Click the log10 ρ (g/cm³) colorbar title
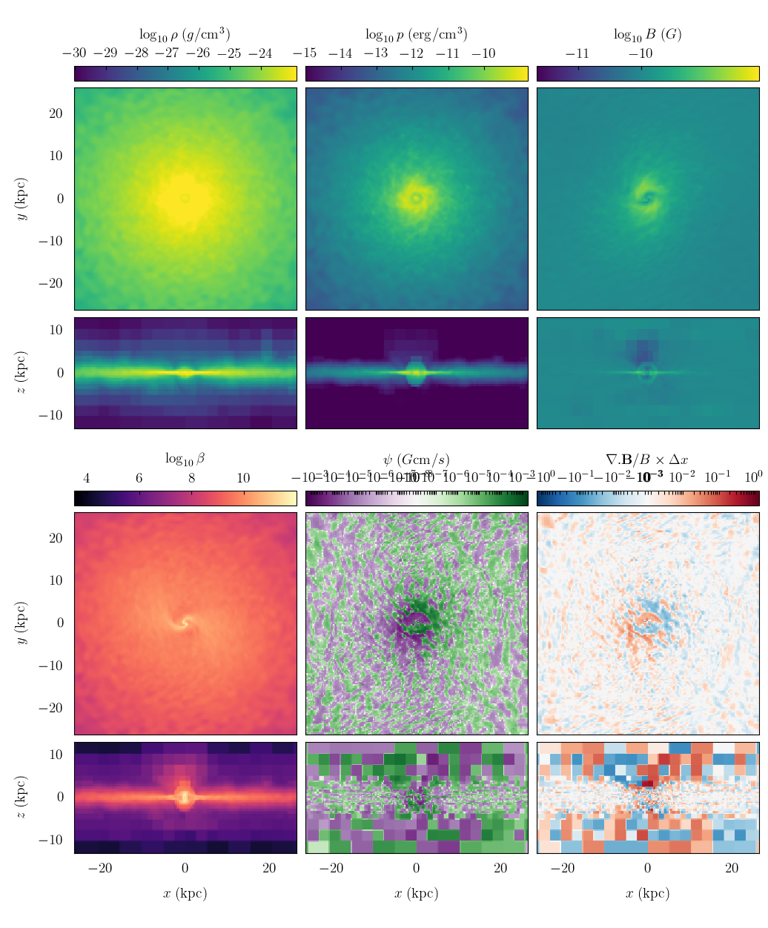185,34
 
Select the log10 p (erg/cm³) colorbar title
416,34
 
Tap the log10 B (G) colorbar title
647,34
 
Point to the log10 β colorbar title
185,459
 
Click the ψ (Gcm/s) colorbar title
416,460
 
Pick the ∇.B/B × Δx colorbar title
647,460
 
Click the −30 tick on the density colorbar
74,53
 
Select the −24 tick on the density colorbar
261,53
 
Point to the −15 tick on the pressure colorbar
305,53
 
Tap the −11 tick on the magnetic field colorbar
577,53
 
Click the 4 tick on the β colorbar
87,478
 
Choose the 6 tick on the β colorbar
139,478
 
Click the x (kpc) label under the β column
185,893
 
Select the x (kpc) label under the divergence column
647,893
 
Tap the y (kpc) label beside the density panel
23,199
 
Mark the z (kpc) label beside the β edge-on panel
23,798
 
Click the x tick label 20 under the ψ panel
500,869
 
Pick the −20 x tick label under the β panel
100,869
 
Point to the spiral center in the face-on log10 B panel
648,198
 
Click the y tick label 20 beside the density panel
56,113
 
